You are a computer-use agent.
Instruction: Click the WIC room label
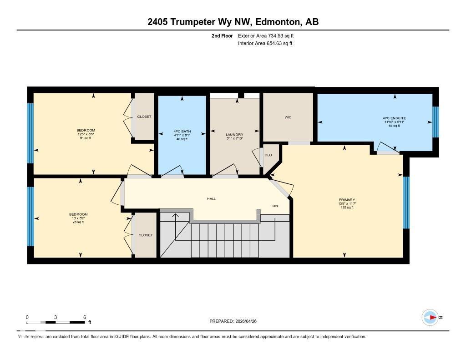[288, 117]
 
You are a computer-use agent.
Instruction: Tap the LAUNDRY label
[234, 135]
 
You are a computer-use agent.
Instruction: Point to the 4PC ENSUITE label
[394, 118]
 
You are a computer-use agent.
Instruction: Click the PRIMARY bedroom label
[347, 200]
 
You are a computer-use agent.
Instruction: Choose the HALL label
[212, 199]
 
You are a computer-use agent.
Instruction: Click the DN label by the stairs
[275, 206]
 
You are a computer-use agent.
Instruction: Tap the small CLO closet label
[268, 155]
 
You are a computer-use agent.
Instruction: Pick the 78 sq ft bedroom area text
[78, 222]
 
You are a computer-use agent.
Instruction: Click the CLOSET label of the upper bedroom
[144, 117]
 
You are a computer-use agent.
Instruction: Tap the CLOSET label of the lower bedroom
[146, 235]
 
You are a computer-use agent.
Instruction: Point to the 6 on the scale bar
[85, 317]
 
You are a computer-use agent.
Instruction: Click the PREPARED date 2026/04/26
[249, 321]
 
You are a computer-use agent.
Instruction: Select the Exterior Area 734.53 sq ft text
[269, 36]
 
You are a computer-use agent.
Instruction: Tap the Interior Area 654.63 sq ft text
[265, 44]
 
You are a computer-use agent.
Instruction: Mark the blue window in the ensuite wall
[436, 122]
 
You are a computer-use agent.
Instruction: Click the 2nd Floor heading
[222, 36]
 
